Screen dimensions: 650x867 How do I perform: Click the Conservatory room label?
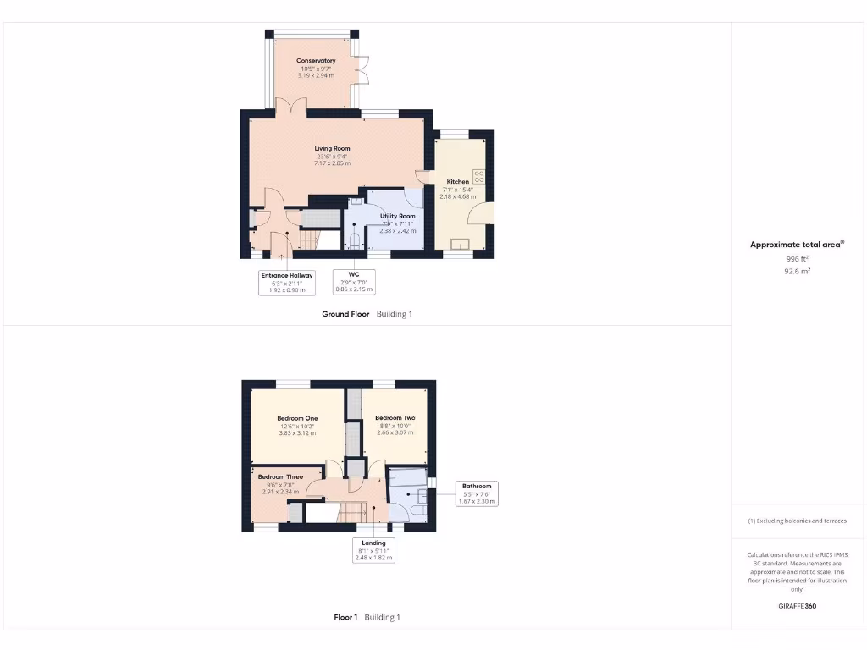tap(316, 61)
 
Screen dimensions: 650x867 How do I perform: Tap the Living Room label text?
tap(332, 149)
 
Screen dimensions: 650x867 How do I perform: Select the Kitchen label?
tap(458, 182)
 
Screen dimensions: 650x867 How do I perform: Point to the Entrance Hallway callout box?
tap(286, 283)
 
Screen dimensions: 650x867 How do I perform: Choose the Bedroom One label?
tap(297, 418)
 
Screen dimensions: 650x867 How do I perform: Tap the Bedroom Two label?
tap(395, 418)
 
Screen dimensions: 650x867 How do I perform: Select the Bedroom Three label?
tap(280, 477)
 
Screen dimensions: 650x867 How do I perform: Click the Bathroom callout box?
tap(477, 493)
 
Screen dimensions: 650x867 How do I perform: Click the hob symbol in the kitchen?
tap(478, 177)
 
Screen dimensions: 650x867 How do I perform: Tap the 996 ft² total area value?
tap(798, 259)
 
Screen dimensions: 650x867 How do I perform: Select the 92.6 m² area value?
tap(798, 272)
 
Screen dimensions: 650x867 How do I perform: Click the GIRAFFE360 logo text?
tap(798, 606)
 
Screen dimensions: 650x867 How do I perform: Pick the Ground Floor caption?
tap(345, 314)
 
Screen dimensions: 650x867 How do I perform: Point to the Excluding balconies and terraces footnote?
tap(797, 521)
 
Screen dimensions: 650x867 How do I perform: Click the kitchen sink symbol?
tap(461, 245)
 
